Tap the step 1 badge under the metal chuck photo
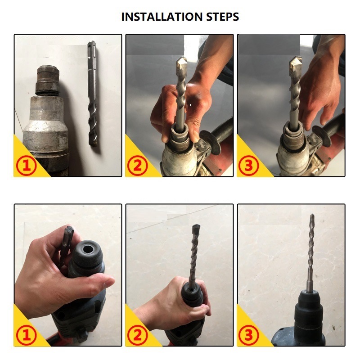pos(27,166)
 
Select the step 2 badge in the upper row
pos(138,166)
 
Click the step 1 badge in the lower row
pos(27,336)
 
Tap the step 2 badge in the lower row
pos(138,336)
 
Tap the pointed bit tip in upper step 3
pos(293,63)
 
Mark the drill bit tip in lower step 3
pos(311,218)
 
